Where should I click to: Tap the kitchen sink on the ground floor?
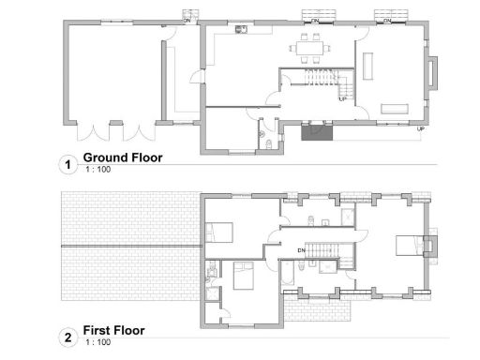click(241, 29)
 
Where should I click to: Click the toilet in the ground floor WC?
click(270, 143)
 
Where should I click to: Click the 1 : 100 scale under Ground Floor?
click(97, 170)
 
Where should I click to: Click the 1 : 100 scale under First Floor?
click(97, 344)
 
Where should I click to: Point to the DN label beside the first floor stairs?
click(303, 251)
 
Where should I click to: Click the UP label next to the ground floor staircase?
click(343, 97)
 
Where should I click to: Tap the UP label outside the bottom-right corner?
click(421, 128)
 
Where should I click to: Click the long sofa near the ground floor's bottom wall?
click(397, 109)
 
